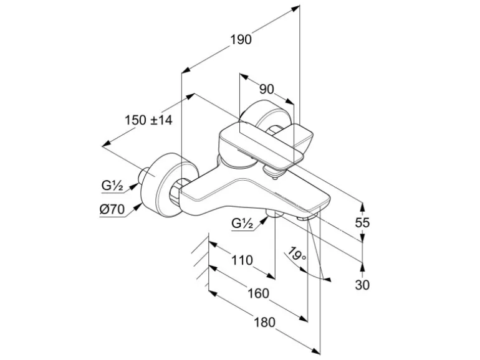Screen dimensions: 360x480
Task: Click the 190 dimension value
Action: [241, 40]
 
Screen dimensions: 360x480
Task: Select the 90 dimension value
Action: [266, 89]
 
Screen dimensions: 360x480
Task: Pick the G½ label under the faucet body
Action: [242, 223]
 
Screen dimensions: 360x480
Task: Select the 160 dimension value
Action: [259, 293]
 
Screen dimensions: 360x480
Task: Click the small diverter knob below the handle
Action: [272, 171]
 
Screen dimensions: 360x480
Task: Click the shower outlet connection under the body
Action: [272, 214]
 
